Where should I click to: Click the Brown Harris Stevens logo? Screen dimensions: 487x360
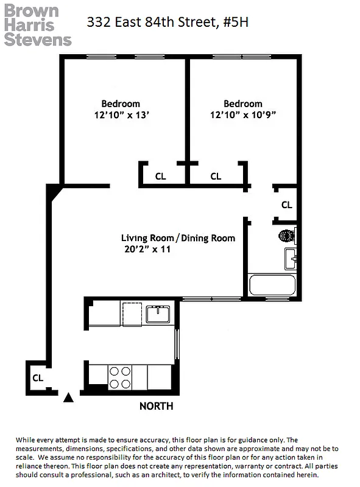(38, 26)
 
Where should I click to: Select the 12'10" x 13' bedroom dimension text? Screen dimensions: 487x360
(121, 114)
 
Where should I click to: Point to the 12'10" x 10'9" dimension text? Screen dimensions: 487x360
(243, 114)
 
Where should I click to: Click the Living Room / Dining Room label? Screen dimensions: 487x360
(177, 238)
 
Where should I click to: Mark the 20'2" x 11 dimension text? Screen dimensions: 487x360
(146, 249)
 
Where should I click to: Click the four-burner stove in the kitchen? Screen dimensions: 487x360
(120, 377)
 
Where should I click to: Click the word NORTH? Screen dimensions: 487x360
(156, 406)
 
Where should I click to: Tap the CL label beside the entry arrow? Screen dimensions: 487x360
(38, 377)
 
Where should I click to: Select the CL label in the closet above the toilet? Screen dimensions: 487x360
(286, 205)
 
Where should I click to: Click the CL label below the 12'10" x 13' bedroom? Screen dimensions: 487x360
(160, 177)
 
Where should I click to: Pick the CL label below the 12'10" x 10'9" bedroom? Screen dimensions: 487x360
(216, 177)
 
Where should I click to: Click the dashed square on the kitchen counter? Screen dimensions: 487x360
(132, 314)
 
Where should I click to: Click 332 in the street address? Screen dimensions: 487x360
(99, 23)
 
